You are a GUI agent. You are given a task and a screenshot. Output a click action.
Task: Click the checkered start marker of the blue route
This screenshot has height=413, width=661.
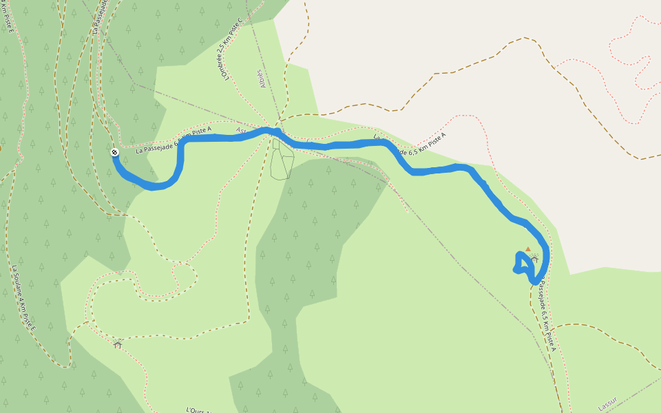point(114,152)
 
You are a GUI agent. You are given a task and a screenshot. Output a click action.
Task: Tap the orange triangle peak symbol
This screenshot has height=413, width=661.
point(528,249)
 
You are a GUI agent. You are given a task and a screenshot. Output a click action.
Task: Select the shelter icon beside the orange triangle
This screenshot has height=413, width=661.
point(534,260)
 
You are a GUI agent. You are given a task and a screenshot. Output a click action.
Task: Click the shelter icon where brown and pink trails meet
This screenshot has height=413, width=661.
point(118,343)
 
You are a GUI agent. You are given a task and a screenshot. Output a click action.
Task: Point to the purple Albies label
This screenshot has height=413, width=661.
point(262,78)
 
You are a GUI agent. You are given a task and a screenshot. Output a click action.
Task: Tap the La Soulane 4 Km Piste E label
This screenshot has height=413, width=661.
point(23,297)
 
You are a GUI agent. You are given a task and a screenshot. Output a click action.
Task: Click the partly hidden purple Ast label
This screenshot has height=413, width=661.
point(240,129)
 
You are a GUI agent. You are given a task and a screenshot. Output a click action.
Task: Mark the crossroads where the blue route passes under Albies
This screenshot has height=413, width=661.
point(276,131)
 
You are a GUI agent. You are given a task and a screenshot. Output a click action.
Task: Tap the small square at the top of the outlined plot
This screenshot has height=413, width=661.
point(276,144)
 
